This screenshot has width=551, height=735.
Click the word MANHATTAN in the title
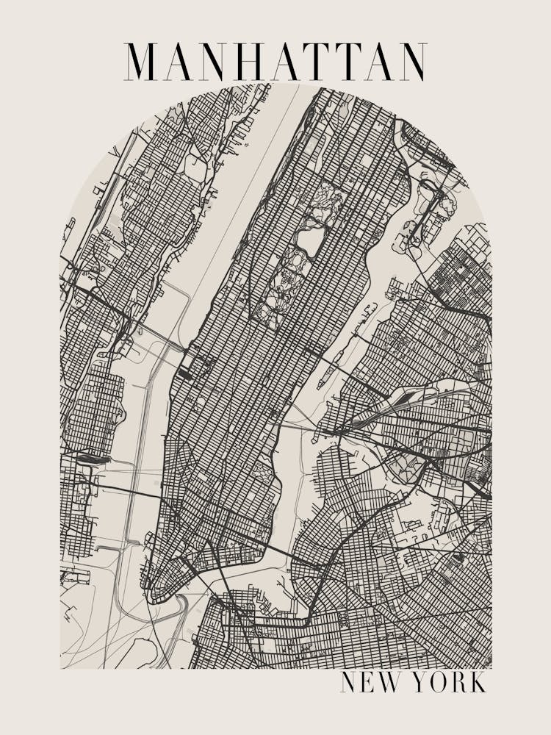pyautogui.click(x=275, y=62)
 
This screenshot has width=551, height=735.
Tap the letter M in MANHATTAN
pyautogui.click(x=141, y=62)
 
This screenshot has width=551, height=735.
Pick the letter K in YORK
pyautogui.click(x=477, y=682)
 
